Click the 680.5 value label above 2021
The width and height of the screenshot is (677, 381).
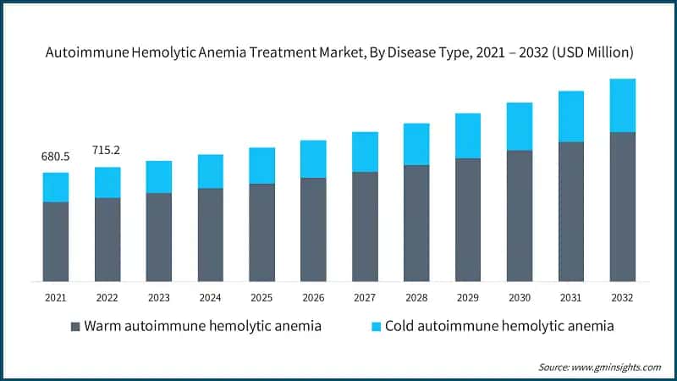56,157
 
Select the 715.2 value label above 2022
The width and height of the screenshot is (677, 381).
107,150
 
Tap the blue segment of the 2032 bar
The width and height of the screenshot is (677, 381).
623,105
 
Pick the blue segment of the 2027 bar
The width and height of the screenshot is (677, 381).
365,152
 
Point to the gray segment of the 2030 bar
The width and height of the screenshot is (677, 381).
520,216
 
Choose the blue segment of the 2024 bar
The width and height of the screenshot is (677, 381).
211,171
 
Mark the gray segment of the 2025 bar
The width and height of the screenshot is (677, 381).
262,232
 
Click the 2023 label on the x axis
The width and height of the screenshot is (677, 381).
159,297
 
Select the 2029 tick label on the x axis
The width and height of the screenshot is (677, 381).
468,297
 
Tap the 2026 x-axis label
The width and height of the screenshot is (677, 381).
313,297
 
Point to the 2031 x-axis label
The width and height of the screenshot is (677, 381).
571,297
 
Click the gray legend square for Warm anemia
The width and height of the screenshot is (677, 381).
75,326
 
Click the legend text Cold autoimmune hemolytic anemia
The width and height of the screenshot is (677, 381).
499,326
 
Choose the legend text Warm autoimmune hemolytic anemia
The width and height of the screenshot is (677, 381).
202,326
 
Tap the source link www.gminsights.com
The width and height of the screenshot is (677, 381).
616,367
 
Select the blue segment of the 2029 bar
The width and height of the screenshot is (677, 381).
468,135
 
